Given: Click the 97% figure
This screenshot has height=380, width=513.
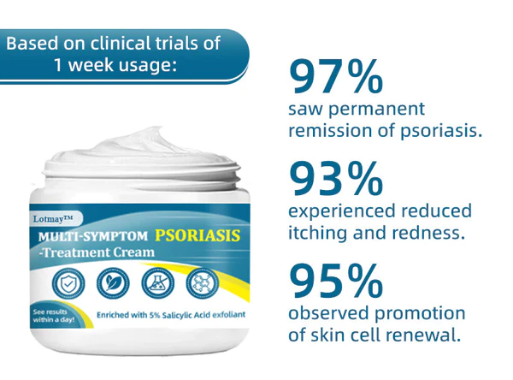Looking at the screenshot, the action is coord(336,76).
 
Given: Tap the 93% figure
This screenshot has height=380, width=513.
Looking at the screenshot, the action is coord(336,179).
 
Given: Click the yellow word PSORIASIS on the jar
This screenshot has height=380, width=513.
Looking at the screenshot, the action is coord(198,235).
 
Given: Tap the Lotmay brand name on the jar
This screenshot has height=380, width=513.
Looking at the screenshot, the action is coord(53,218).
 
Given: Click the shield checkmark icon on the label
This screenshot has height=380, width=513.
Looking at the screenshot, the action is coord(68,283).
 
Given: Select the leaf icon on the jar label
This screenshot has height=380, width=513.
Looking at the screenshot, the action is coord(113,283).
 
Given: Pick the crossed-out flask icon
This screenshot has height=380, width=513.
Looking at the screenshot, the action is coord(157,283).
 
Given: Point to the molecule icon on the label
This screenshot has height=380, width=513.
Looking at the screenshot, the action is coord(202,283).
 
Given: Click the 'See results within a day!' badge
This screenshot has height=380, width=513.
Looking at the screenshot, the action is coord(54,316).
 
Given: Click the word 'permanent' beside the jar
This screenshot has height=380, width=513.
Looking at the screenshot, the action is coord(376,110).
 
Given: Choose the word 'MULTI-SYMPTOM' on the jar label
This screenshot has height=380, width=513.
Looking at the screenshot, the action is coord(93,236).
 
